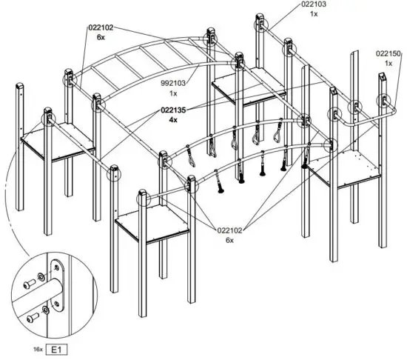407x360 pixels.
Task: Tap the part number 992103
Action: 173,84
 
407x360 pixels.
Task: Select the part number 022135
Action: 172,109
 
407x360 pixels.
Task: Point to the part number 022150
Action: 388,53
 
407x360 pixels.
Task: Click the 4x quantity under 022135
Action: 172,119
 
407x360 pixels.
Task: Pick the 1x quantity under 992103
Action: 173,94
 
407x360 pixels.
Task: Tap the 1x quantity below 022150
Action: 388,63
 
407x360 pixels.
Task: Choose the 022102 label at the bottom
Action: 230,230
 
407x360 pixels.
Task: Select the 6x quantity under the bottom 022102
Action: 230,241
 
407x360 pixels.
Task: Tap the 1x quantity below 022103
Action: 312,14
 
